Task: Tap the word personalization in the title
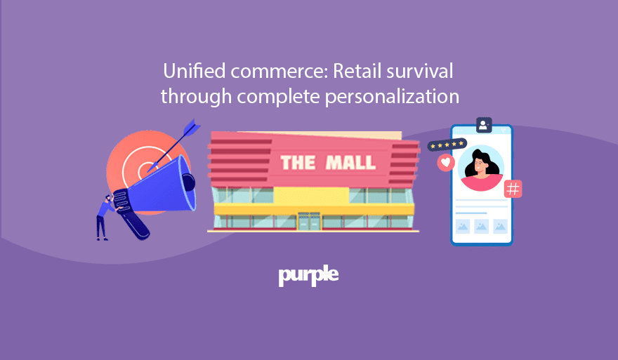pyautogui.click(x=391, y=96)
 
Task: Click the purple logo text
pyautogui.click(x=308, y=276)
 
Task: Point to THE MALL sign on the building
pyautogui.click(x=328, y=164)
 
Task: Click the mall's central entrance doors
pyautogui.click(x=308, y=222)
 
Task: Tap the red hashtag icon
pyautogui.click(x=513, y=188)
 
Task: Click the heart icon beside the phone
pyautogui.click(x=445, y=163)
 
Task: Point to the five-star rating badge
pyautogui.click(x=447, y=145)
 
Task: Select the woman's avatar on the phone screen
pyautogui.click(x=481, y=169)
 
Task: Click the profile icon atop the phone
pyautogui.click(x=483, y=125)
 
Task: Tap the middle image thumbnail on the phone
pyautogui.click(x=481, y=226)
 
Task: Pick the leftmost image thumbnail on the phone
pyautogui.click(x=463, y=226)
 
